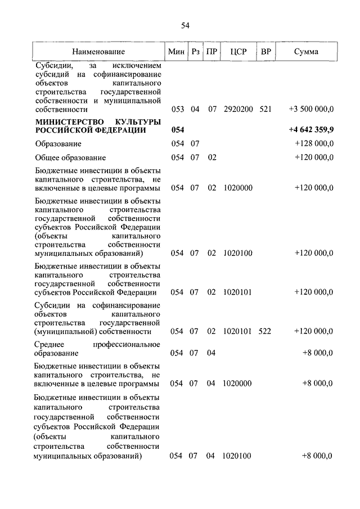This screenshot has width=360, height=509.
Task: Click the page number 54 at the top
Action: pyautogui.click(x=185, y=25)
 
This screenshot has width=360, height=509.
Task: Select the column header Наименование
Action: pyautogui.click(x=98, y=52)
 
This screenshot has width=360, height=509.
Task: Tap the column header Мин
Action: pyautogui.click(x=177, y=52)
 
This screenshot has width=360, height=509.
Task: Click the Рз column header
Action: pyautogui.click(x=195, y=52)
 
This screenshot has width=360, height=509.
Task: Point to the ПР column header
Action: pyautogui.click(x=211, y=52)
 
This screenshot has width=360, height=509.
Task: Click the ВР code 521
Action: pyautogui.click(x=265, y=109)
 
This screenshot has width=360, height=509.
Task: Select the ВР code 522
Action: pyautogui.click(x=265, y=331)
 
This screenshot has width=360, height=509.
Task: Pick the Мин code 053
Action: pyautogui.click(x=177, y=109)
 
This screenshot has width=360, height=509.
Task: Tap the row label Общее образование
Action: pyautogui.click(x=70, y=158)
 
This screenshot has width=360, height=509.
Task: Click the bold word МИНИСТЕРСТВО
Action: pyautogui.click(x=67, y=121)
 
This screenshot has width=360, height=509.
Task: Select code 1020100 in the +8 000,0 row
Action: pyautogui.click(x=237, y=456)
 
